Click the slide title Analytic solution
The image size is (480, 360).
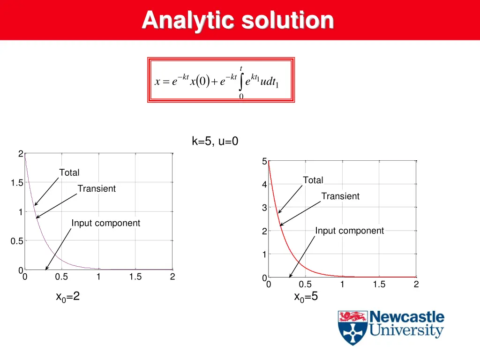[x=238, y=20]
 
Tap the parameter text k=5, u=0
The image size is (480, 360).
[x=215, y=141]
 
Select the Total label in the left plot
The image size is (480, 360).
[x=69, y=172]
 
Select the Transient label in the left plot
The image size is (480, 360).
[x=97, y=188]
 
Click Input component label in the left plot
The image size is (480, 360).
[x=105, y=223]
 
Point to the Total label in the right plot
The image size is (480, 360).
[x=313, y=180]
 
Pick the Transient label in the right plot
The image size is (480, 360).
[x=340, y=196]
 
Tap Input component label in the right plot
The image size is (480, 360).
[x=349, y=231]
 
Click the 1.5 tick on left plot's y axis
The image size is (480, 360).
[x=17, y=183]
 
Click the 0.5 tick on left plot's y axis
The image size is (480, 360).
[x=17, y=241]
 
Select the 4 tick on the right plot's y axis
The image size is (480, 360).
[x=264, y=185]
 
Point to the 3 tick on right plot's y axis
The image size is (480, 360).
[x=264, y=208]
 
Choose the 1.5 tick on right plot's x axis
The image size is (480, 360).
[x=379, y=285]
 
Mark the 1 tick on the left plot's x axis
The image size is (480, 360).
[x=98, y=277]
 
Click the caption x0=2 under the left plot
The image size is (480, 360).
[x=68, y=297]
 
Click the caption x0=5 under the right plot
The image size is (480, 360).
[x=306, y=297]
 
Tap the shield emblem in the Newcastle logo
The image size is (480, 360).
[x=352, y=328]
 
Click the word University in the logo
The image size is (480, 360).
[x=406, y=330]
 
